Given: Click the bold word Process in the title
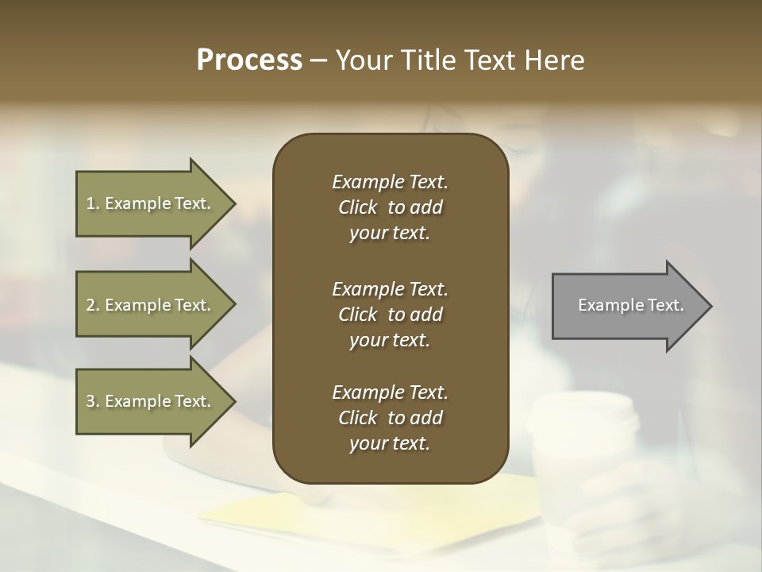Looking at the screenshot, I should pyautogui.click(x=249, y=60).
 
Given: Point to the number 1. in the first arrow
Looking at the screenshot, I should pyautogui.click(x=93, y=203).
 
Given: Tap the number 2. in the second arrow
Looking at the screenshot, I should pyautogui.click(x=93, y=305).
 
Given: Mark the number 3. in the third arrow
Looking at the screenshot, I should pyautogui.click(x=93, y=401).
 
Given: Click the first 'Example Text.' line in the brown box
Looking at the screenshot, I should pyautogui.click(x=390, y=182).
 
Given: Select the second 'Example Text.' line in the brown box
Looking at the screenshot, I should pyautogui.click(x=390, y=288).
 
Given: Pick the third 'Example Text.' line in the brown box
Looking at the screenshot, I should pyautogui.click(x=390, y=392).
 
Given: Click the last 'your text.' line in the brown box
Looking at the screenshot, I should pyautogui.click(x=390, y=444).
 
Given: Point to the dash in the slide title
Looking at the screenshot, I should pyautogui.click(x=318, y=60).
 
